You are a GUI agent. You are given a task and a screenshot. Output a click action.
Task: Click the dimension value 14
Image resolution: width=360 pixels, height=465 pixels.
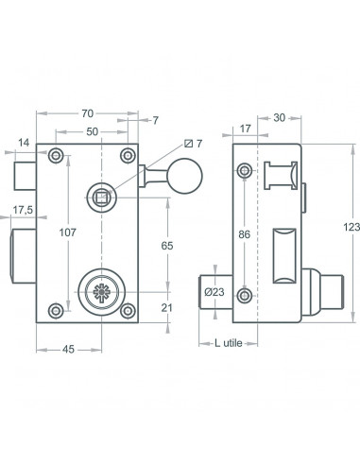click(22, 145)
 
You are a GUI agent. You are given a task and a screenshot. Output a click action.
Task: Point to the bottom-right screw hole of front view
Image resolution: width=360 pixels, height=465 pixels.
click(127, 307)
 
